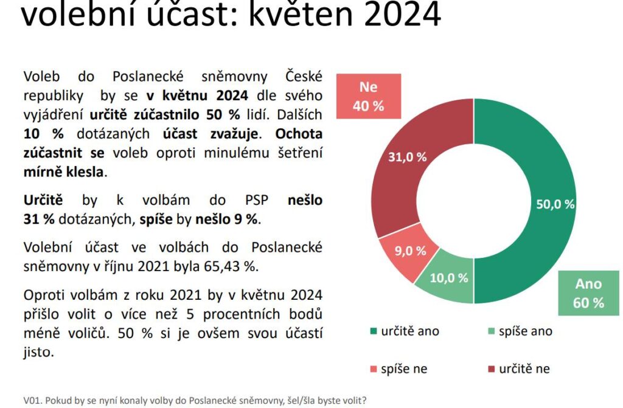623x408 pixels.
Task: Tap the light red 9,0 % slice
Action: (x=407, y=252)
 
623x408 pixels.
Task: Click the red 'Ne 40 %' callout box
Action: (x=368, y=96)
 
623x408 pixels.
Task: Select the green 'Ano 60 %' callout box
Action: (x=588, y=293)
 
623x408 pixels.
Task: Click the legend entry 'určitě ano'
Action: (x=405, y=331)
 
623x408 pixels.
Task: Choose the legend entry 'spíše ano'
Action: (x=520, y=331)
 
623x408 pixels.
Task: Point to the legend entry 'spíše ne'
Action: (x=399, y=368)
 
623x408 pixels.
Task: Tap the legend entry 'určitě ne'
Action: (x=519, y=368)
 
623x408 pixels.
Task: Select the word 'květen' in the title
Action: (x=301, y=15)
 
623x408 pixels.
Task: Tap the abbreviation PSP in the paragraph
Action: (x=256, y=200)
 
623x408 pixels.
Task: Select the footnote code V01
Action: (x=32, y=401)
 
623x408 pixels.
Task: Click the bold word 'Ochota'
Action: (x=299, y=134)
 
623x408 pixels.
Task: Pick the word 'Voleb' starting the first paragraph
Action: (x=42, y=76)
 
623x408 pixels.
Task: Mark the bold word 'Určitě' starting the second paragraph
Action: (x=43, y=200)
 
